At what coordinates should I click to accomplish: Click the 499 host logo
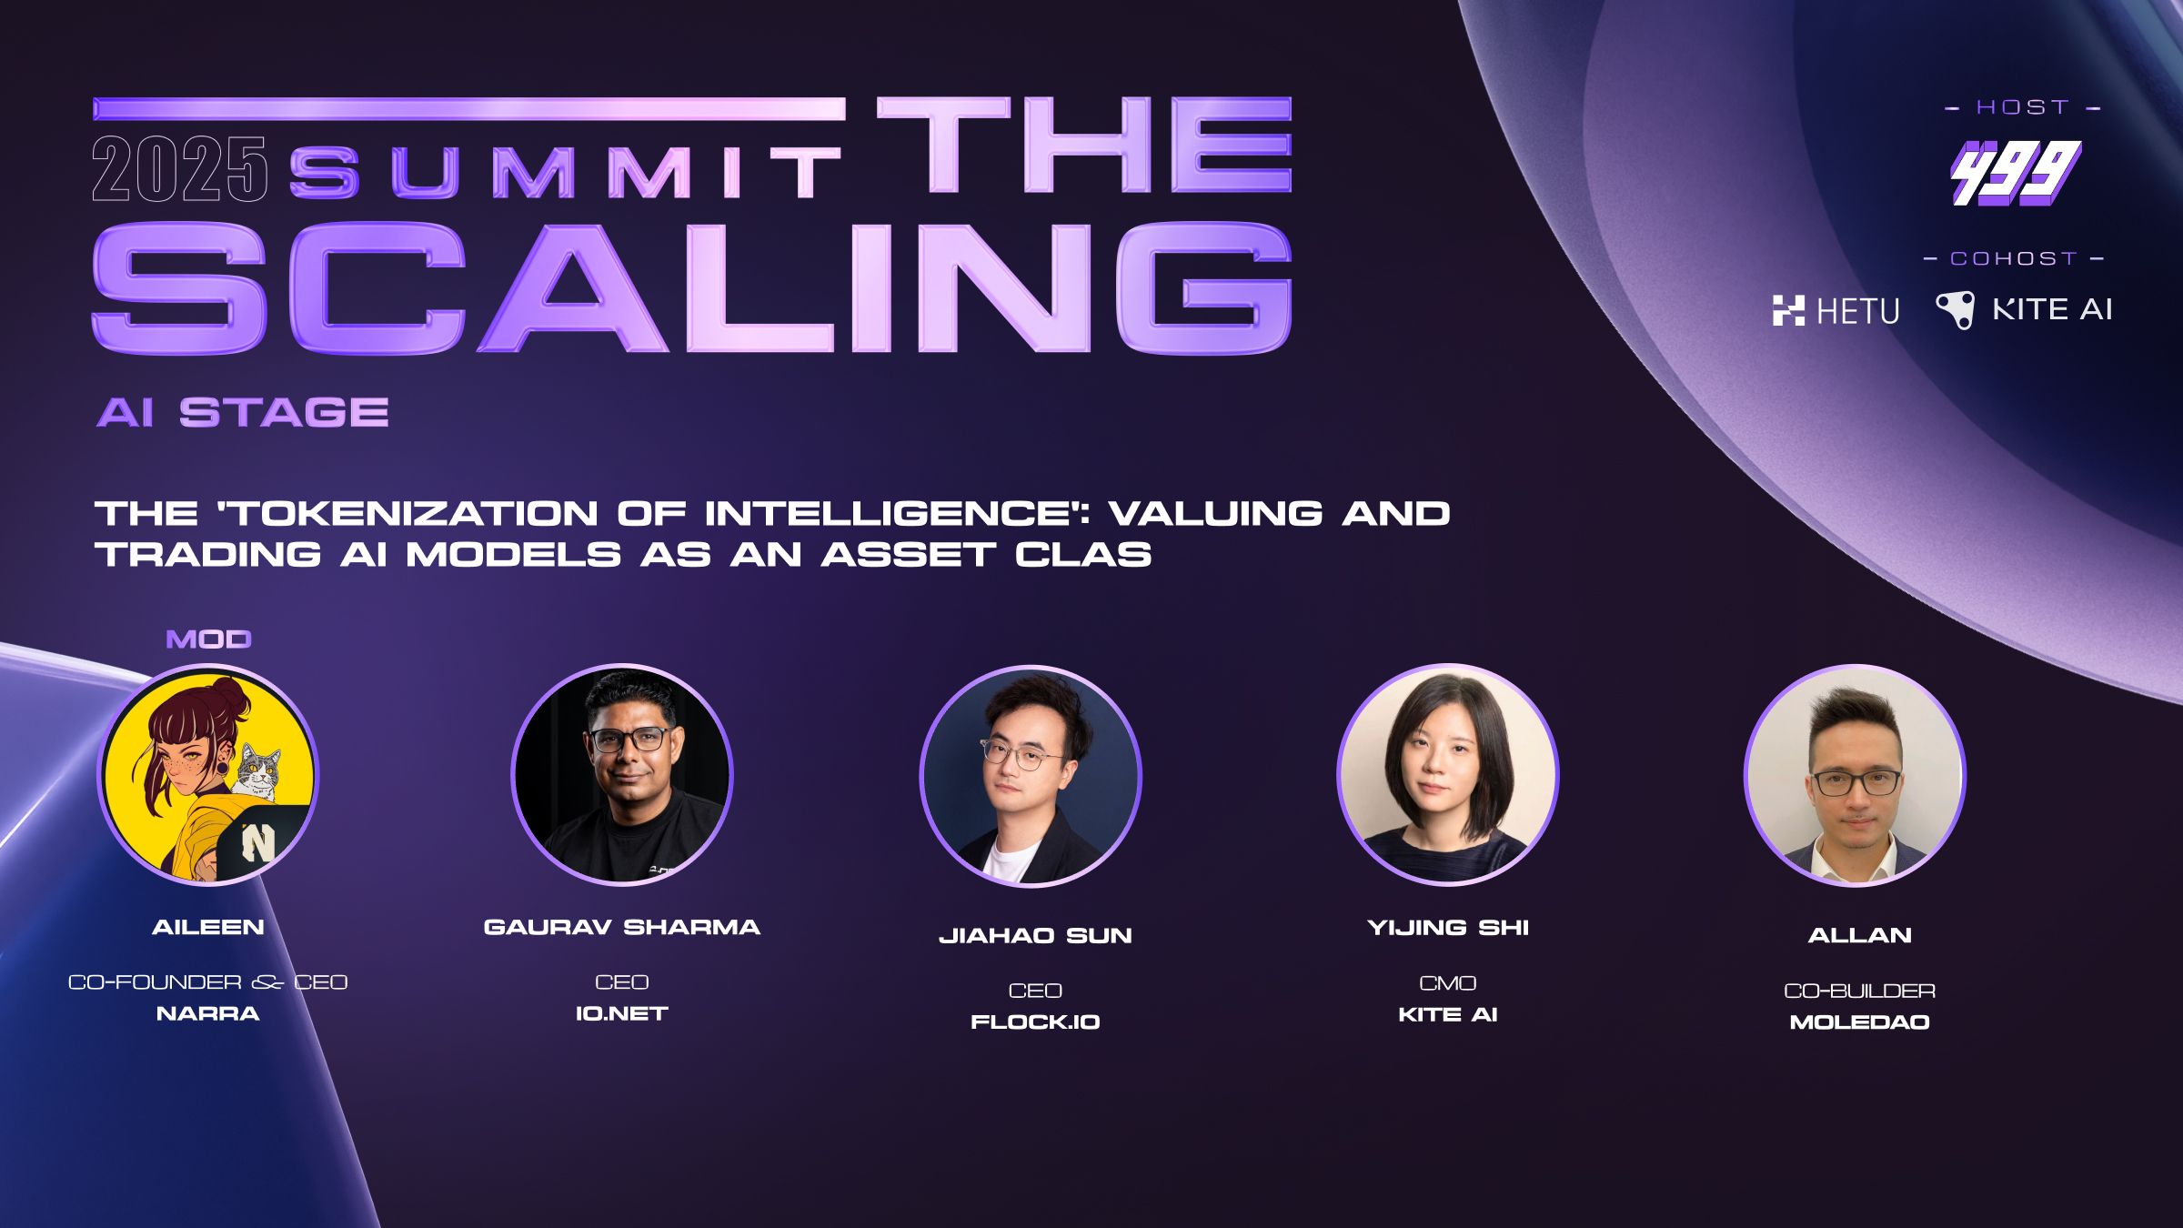2016,173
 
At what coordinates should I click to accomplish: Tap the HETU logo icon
1788,310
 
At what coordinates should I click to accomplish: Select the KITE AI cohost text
2052,309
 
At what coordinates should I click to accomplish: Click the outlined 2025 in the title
179,169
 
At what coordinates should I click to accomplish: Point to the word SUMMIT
565,173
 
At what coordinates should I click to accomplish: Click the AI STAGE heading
243,413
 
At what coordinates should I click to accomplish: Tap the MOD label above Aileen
208,639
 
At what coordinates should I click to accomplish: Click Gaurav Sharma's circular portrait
622,774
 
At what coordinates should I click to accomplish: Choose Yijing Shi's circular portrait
1447,774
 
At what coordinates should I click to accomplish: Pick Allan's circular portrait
1855,775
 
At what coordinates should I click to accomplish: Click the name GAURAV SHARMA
622,927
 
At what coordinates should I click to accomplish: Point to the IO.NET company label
622,1013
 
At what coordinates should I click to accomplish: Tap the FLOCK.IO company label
1035,1022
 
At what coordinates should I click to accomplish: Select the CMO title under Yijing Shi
1447,982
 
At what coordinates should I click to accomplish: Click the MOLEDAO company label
1859,1022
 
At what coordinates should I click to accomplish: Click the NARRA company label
208,1013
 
